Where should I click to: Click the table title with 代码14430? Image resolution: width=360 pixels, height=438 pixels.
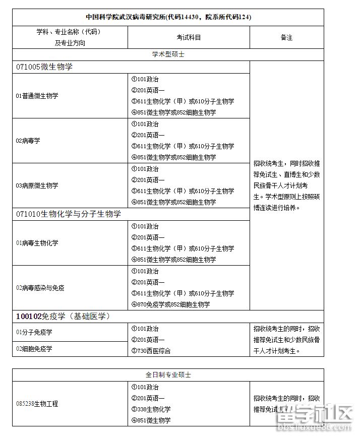[x=168, y=17]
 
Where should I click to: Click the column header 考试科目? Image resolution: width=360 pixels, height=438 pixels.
[x=189, y=37]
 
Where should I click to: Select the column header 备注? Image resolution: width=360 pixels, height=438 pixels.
[x=286, y=37]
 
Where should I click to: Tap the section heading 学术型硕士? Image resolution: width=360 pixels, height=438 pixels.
[x=168, y=54]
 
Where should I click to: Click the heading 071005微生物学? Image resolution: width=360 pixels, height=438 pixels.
[x=44, y=67]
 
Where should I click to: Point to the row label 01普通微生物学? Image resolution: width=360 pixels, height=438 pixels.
[x=37, y=95]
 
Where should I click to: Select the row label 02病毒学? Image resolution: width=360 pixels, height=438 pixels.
[x=28, y=141]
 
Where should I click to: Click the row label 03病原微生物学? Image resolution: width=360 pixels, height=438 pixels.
[x=37, y=185]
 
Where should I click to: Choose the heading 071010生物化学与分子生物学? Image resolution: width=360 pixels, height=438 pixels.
[x=68, y=214]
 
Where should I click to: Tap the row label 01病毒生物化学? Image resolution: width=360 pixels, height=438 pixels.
[x=37, y=243]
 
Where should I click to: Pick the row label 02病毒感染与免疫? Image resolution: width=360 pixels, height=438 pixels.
[x=40, y=288]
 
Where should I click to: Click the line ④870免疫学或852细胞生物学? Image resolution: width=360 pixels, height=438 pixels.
[x=170, y=304]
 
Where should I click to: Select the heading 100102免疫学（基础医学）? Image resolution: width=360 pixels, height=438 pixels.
[x=63, y=317]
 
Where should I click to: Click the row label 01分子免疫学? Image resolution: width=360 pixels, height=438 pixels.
[x=34, y=332]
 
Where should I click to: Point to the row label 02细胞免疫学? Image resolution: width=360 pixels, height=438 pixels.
[x=34, y=348]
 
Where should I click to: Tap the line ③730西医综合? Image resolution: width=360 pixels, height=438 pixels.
[x=151, y=351]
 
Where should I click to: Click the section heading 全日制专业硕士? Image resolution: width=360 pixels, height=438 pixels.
[x=168, y=375]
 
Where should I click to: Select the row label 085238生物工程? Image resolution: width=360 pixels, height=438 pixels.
[x=37, y=404]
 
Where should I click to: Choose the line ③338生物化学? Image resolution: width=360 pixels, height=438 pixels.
[x=151, y=409]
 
